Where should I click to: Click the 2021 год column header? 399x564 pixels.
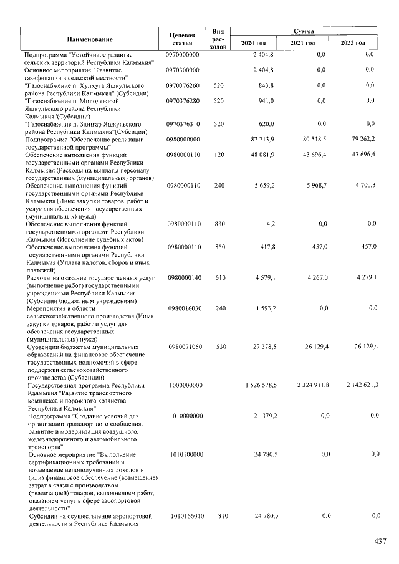point(303,43)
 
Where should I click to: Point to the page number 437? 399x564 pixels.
point(380,542)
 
